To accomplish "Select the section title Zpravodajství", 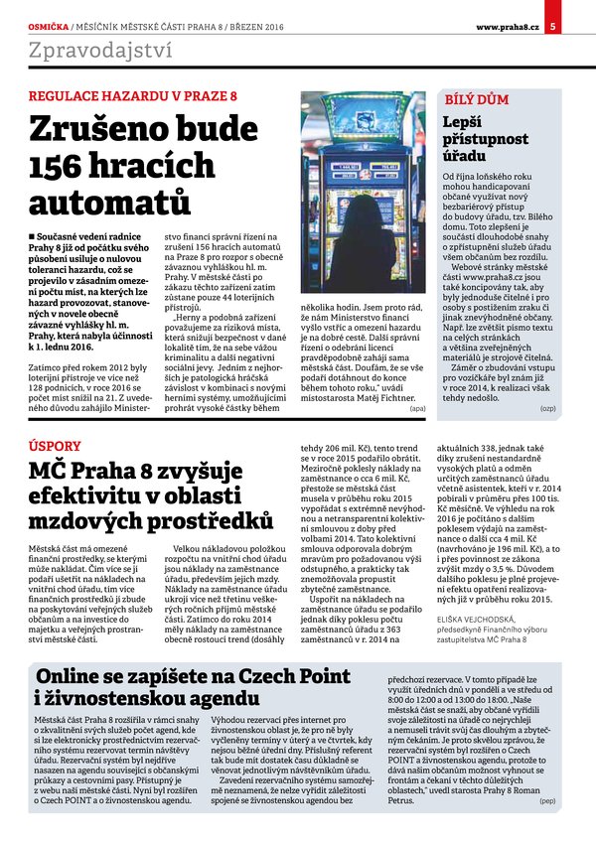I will point(100,50).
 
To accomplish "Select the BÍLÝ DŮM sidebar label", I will point(476,101).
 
